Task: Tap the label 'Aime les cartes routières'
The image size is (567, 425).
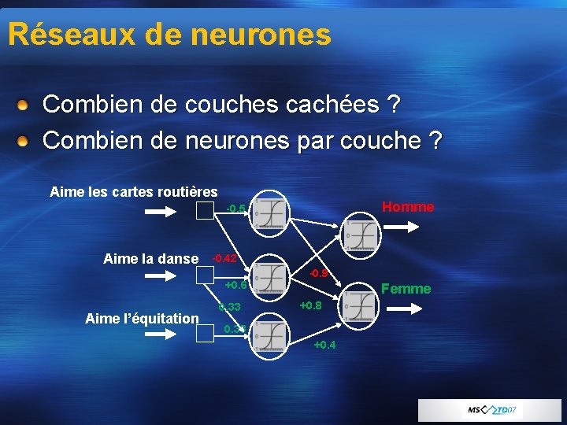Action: pyautogui.click(x=134, y=191)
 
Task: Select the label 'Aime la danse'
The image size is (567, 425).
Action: pyautogui.click(x=150, y=258)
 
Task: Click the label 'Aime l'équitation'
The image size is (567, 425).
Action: pyautogui.click(x=142, y=318)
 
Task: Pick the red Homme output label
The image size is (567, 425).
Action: pyautogui.click(x=407, y=207)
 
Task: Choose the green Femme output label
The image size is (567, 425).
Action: pyautogui.click(x=406, y=289)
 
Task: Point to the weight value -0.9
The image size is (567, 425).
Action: pyautogui.click(x=318, y=274)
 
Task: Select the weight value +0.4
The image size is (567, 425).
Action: pyautogui.click(x=324, y=345)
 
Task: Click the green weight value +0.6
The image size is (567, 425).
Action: pyautogui.click(x=236, y=285)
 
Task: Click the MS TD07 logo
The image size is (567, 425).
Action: pyautogui.click(x=491, y=411)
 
